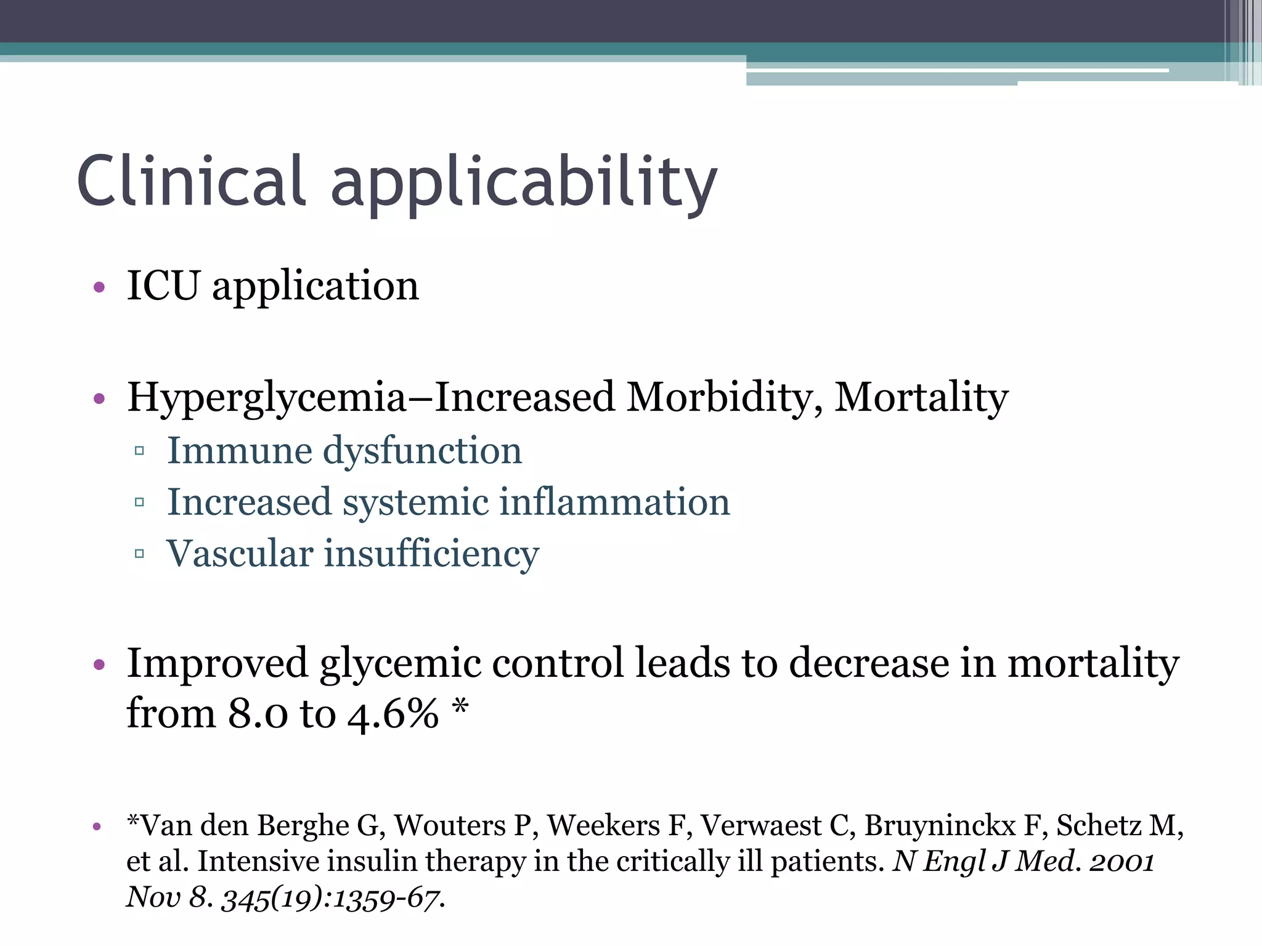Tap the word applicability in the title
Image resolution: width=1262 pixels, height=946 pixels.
coord(524,185)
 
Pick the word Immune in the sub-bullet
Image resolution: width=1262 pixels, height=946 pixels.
coord(240,450)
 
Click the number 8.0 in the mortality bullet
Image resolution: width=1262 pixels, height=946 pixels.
coord(258,714)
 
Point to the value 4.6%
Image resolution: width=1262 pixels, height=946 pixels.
coord(393,714)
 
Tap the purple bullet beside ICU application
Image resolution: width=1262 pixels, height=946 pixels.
coord(99,287)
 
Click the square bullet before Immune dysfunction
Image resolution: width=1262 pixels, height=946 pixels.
coord(139,451)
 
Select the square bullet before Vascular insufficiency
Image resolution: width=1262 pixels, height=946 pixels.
coord(139,554)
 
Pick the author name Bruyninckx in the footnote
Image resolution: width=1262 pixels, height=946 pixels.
coord(940,826)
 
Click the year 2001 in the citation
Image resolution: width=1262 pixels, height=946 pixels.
coord(1122,861)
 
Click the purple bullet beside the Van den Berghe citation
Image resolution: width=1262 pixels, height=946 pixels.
coord(97,827)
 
